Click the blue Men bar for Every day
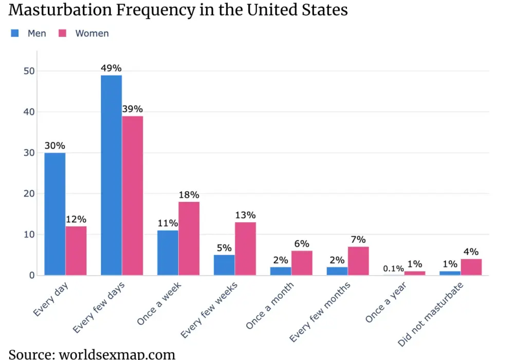(x=55, y=214)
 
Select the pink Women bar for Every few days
(x=133, y=195)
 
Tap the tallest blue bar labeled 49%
(x=112, y=175)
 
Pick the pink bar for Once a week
(x=189, y=238)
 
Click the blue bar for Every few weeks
(x=224, y=265)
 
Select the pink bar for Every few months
(x=358, y=261)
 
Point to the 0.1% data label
(x=393, y=268)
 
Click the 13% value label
(x=245, y=215)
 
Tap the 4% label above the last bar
(x=471, y=252)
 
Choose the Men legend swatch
(x=15, y=33)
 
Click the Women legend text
(x=92, y=33)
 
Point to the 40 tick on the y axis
(x=29, y=112)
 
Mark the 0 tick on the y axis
(x=32, y=276)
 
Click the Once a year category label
(x=386, y=302)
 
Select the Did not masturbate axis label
(x=430, y=314)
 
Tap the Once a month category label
(x=269, y=305)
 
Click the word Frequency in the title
(x=156, y=9)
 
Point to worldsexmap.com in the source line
(x=117, y=354)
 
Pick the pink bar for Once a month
(x=302, y=263)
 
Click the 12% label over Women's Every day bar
(x=76, y=220)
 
